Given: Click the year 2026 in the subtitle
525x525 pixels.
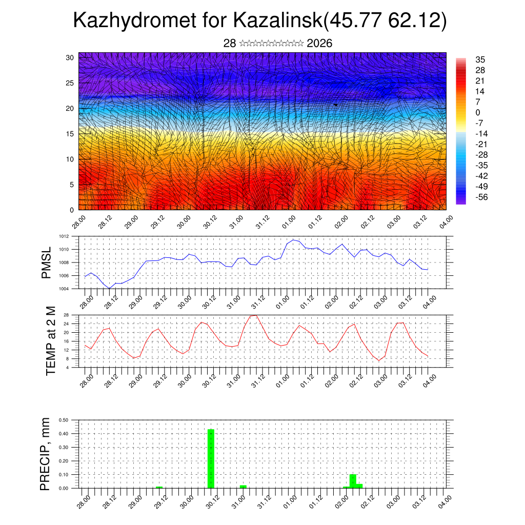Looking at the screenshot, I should tap(319, 44).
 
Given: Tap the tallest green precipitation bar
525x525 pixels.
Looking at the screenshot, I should tap(211, 458).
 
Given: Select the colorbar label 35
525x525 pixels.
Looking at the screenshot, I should tap(480, 59).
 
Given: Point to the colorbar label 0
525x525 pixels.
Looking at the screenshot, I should tap(478, 112).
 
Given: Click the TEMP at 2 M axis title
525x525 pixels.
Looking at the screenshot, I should tap(50, 340).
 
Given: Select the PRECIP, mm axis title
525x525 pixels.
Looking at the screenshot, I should tap(46, 454).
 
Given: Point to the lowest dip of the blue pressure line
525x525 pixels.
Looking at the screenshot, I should tap(109, 288).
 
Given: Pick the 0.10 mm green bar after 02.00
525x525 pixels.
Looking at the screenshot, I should tap(353, 481).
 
